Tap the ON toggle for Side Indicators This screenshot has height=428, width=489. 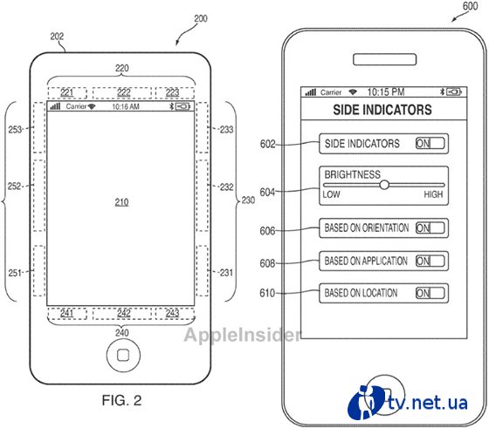[x=430, y=144]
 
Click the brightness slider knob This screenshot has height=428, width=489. [x=384, y=185]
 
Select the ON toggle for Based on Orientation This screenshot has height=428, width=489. [x=430, y=228]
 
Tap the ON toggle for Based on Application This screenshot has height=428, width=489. [x=430, y=261]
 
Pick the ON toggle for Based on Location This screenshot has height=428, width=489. [x=430, y=293]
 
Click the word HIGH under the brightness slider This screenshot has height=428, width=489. [x=433, y=194]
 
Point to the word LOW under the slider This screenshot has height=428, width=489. [x=331, y=194]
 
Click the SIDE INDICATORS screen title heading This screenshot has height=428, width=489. [x=382, y=110]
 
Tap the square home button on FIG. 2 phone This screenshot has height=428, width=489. [x=123, y=355]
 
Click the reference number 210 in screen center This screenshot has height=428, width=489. [x=121, y=202]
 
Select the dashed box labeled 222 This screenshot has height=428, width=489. [x=122, y=93]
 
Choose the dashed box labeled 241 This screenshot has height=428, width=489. [x=67, y=314]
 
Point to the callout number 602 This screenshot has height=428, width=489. [x=267, y=144]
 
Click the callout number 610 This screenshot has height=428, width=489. [x=267, y=293]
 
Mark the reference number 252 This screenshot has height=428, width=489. [x=14, y=187]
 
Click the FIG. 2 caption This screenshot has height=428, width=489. [x=121, y=400]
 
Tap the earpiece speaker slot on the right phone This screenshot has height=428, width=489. [x=384, y=59]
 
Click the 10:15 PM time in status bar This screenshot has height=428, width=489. [x=386, y=92]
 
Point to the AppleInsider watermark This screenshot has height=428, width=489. [x=243, y=336]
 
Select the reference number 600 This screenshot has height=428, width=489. [x=470, y=6]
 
